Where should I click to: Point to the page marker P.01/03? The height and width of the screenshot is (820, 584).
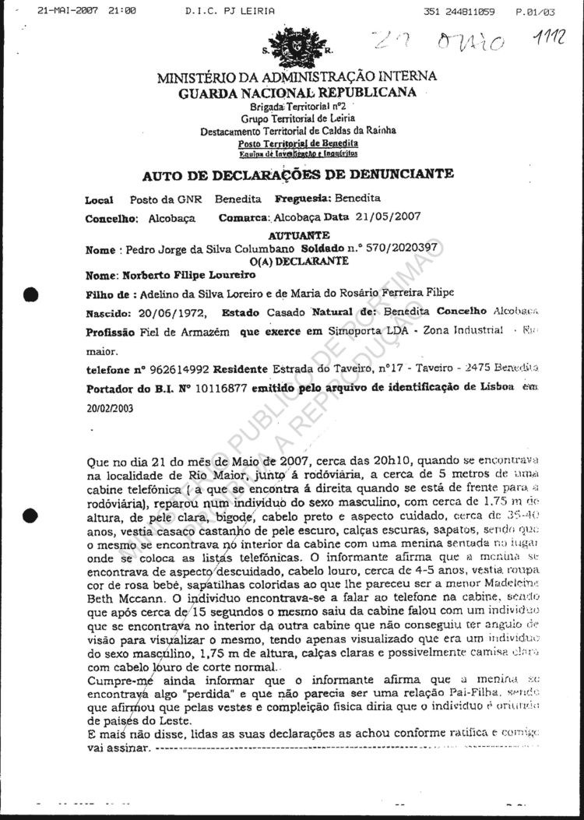(x=535, y=12)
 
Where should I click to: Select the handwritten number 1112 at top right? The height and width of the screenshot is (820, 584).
(x=551, y=38)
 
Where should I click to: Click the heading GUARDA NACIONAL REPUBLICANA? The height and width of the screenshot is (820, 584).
(x=297, y=93)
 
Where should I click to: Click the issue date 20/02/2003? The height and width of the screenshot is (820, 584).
(x=108, y=406)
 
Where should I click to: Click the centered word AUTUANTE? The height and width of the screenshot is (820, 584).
(x=298, y=235)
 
